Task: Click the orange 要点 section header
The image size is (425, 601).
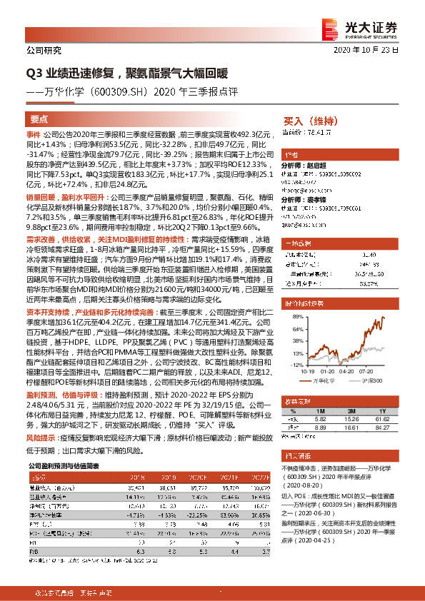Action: point(39,119)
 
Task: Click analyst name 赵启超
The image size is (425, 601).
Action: point(318,165)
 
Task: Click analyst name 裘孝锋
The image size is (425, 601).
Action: point(318,201)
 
